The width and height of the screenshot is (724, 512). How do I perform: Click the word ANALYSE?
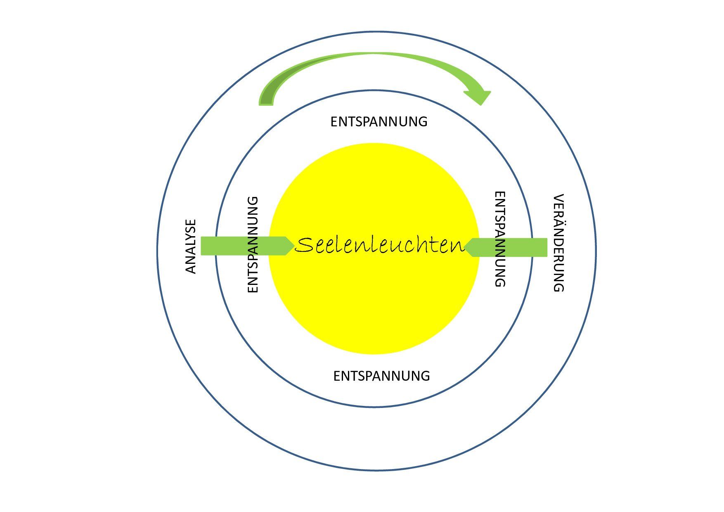pos(191,247)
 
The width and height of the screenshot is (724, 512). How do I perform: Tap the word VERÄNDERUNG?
pos(558,243)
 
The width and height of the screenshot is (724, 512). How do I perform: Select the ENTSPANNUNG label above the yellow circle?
pos(379,122)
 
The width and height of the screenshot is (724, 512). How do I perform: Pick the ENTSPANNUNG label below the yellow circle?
pos(381,376)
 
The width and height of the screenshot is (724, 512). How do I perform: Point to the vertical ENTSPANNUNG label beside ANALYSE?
pos(253,244)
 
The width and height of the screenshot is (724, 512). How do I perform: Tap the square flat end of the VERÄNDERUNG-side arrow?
pos(546,247)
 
